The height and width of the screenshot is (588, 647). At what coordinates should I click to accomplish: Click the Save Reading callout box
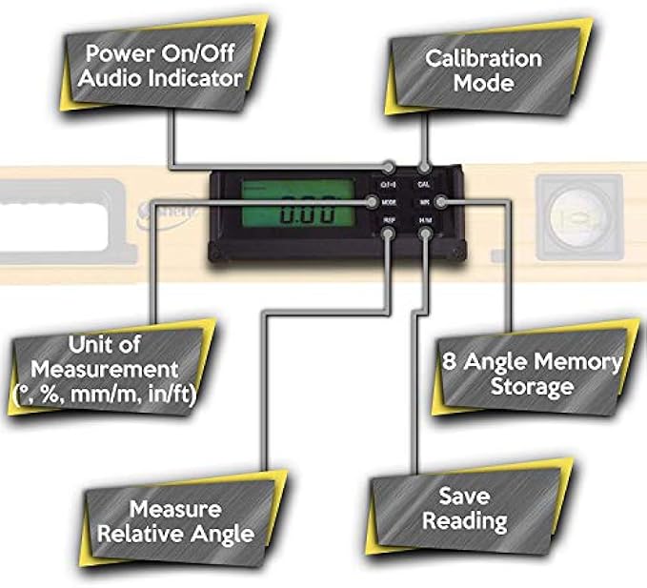coord(464,509)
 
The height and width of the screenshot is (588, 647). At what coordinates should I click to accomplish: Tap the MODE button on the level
coord(389,202)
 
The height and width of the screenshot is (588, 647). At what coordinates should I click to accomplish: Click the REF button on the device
coord(389,221)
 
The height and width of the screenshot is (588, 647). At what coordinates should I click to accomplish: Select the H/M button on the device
coord(424,221)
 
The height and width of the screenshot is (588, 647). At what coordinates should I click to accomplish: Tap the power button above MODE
coord(389,182)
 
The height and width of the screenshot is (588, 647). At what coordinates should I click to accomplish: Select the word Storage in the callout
coord(532,387)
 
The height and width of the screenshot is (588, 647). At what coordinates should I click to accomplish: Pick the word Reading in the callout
coord(464,521)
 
